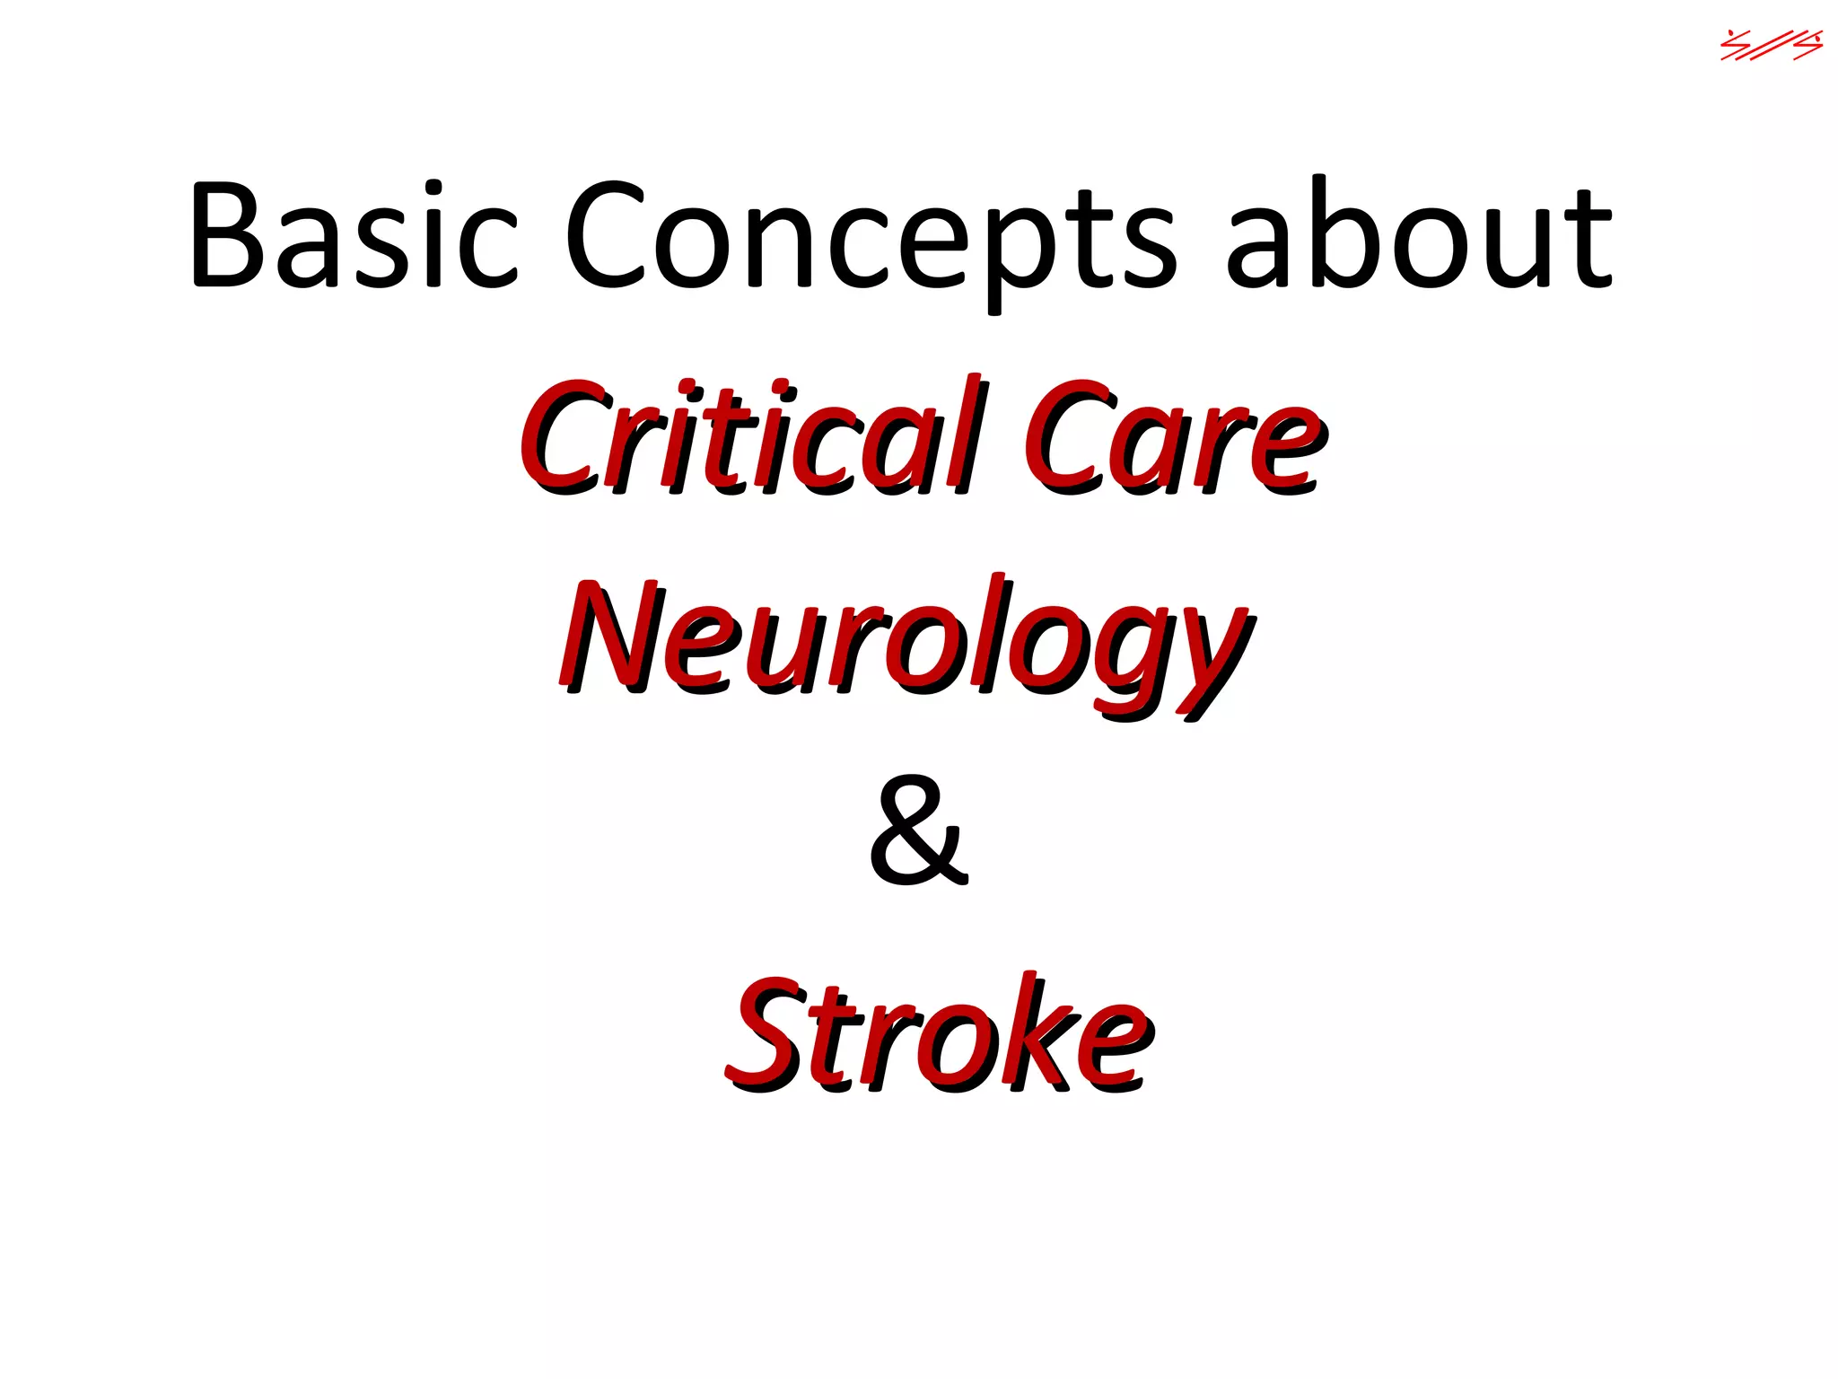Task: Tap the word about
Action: tap(1418, 235)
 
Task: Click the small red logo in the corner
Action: tap(1771, 45)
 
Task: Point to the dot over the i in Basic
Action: tap(433, 188)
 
